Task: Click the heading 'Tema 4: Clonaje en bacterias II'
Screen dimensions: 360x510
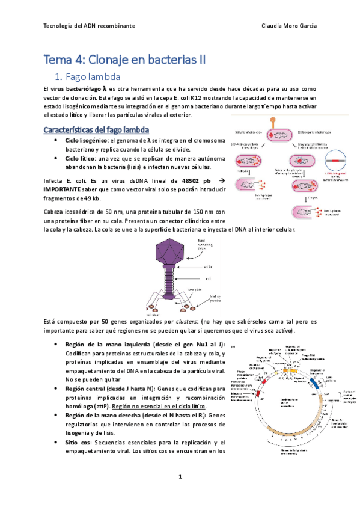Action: tap(124, 60)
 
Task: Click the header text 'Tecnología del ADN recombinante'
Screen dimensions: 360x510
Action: tap(90, 26)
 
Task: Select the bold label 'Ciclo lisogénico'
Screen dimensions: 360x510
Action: tap(91, 140)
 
